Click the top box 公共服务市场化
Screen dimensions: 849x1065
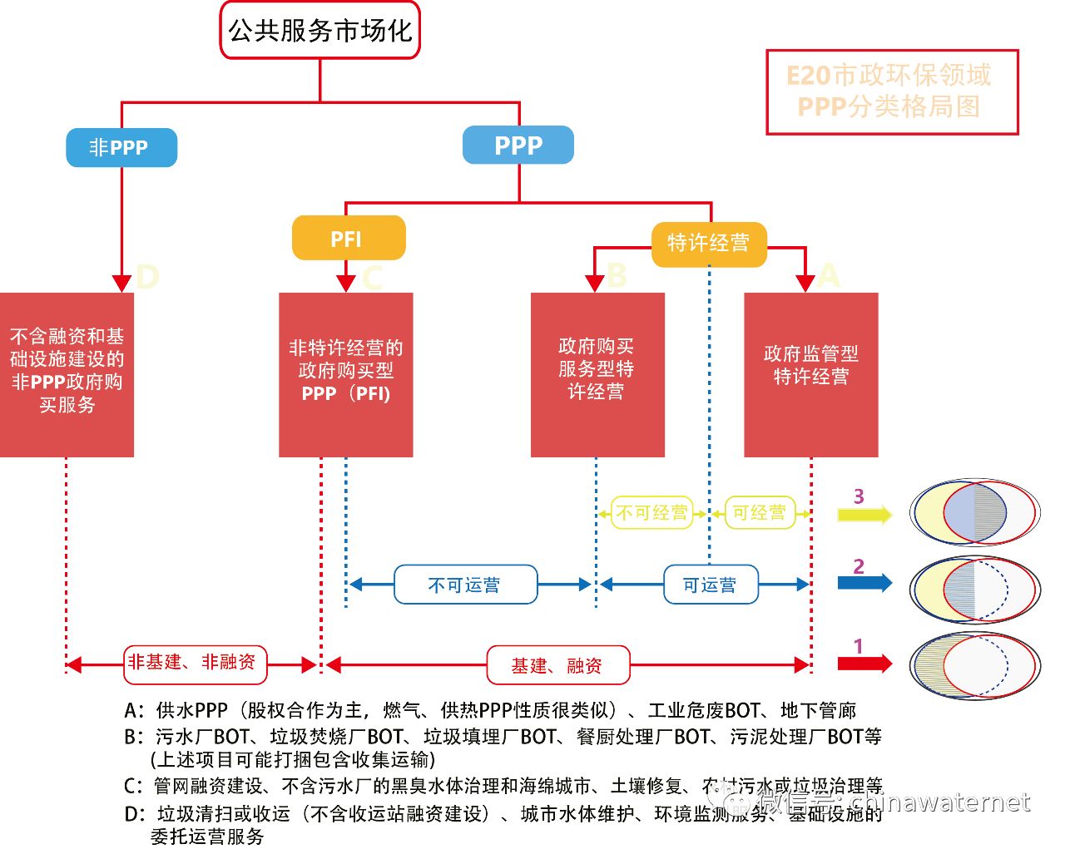coord(320,31)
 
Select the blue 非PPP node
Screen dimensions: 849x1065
coord(121,148)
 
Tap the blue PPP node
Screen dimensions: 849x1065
coord(518,146)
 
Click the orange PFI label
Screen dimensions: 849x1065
coord(348,239)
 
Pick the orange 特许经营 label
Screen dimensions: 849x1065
coord(708,244)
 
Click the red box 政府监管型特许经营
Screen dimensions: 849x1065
coord(810,374)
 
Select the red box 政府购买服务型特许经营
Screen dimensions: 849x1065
coord(597,374)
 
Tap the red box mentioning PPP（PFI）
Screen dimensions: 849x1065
coord(345,374)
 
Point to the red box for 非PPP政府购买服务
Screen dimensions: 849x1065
coord(67,374)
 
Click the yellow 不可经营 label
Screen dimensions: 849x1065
coord(652,513)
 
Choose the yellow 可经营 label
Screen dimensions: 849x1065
coord(759,513)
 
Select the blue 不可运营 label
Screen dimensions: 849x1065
coord(465,585)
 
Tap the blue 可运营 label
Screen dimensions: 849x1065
coord(710,585)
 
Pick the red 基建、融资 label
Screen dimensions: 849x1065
coord(557,665)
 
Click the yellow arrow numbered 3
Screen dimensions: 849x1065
coord(864,515)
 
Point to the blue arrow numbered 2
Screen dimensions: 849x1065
coord(864,582)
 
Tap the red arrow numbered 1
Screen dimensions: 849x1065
coord(864,664)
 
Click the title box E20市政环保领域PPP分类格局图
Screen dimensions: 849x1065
coord(891,91)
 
